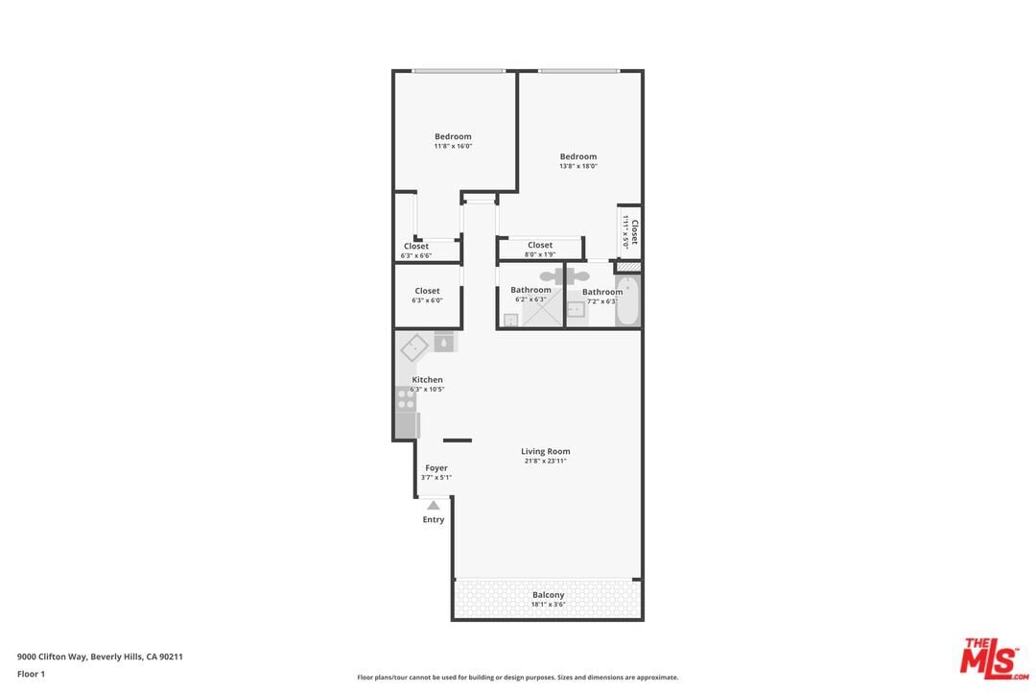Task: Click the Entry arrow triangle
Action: pos(434,505)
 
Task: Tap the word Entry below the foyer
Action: pos(434,520)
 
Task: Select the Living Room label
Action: pos(545,451)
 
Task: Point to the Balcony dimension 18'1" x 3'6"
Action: pos(549,605)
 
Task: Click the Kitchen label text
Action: pos(427,380)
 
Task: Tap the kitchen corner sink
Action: pos(414,346)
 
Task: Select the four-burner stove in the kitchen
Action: pos(406,398)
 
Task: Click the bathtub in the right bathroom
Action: pos(627,301)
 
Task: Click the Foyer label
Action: pos(436,468)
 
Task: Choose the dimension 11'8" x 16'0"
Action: pos(453,146)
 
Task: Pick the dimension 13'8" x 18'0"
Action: pos(578,166)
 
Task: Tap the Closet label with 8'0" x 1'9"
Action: pos(540,246)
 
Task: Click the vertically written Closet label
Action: pos(633,231)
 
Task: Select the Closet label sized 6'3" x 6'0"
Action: pos(427,291)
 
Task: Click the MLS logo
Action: pos(994,658)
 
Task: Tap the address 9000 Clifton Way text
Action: pos(100,657)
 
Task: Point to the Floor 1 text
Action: pos(31,674)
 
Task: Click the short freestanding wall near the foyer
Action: pos(458,441)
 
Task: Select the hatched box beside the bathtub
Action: pos(627,266)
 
